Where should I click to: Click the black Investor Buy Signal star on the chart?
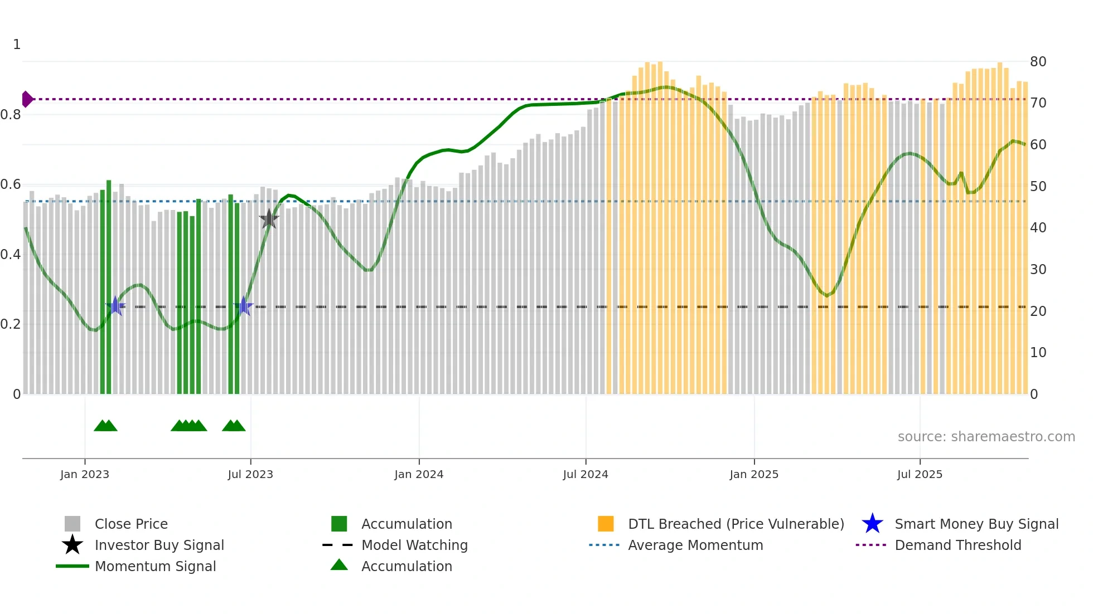[x=269, y=219]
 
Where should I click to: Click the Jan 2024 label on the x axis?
[x=418, y=474]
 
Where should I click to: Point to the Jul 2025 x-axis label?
[x=919, y=474]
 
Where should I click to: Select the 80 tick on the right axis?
[x=1037, y=62]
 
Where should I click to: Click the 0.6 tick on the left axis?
[x=11, y=184]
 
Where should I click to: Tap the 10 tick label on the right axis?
[x=1037, y=353]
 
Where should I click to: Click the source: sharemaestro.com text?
[x=986, y=437]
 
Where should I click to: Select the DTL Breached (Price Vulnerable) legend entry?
[x=736, y=524]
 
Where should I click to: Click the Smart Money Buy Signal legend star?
[x=872, y=524]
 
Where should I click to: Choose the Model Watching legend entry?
[x=414, y=545]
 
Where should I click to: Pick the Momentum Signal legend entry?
[x=155, y=566]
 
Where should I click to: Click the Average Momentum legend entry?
[x=695, y=545]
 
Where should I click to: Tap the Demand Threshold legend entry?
[x=957, y=545]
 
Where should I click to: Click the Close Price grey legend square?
[x=72, y=524]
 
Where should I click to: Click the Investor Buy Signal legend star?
[x=72, y=545]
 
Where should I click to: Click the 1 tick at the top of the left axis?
[x=17, y=45]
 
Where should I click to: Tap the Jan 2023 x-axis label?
[x=85, y=474]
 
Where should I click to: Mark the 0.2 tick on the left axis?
[x=11, y=324]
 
